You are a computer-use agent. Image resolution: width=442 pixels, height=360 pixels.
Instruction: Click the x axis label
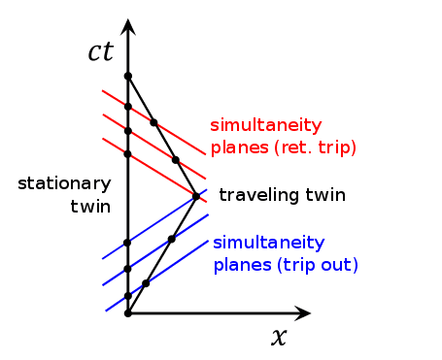[280, 338]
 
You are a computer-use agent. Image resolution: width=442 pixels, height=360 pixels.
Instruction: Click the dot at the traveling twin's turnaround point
[195, 196]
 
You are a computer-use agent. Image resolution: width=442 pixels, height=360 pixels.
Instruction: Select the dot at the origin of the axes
[127, 313]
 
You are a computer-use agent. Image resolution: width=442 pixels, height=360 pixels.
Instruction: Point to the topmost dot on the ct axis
[127, 75]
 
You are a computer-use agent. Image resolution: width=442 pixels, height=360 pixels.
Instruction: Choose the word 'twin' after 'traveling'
[325, 195]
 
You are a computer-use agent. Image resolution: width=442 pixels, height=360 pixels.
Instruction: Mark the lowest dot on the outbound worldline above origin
[146, 283]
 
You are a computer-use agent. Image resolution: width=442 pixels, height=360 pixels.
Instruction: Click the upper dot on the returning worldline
[153, 122]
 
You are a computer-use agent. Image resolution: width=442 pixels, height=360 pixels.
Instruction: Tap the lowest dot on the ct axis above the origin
[127, 295]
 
